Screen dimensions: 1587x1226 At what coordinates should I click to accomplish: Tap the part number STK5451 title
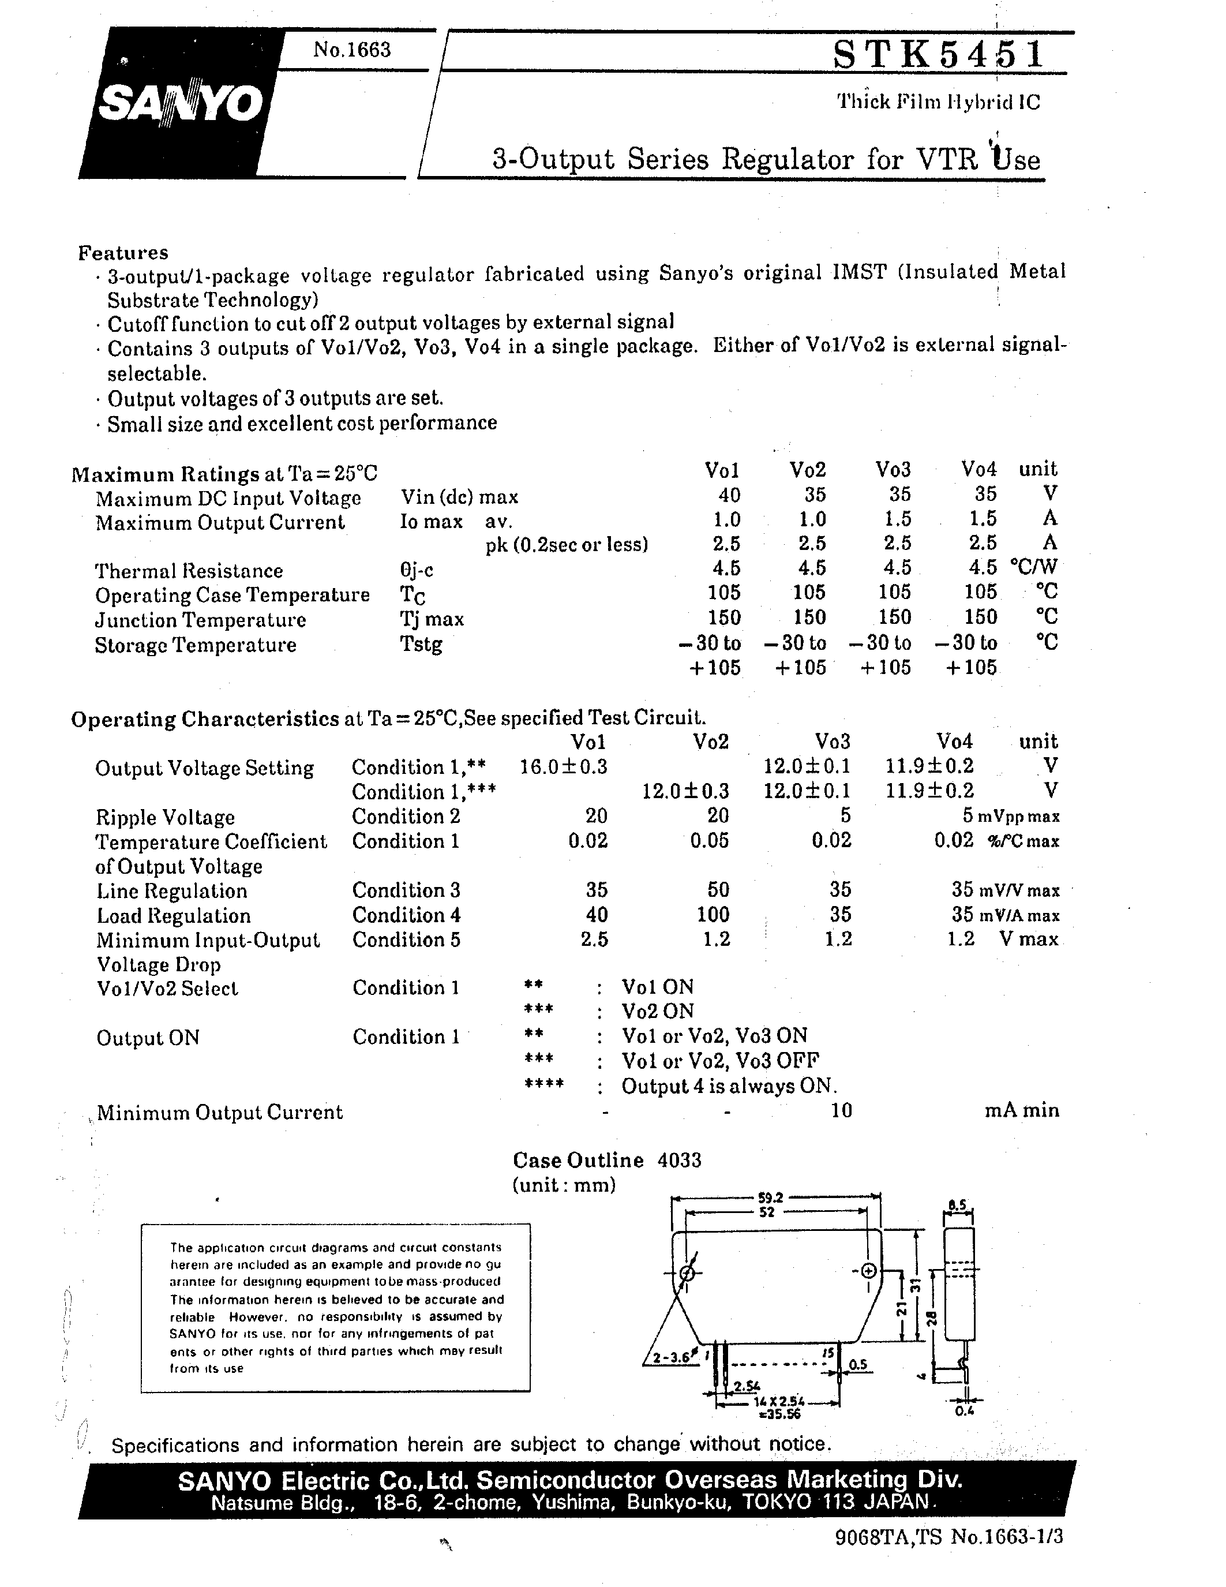[x=938, y=55]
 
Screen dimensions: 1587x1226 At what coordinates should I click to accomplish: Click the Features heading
[x=123, y=252]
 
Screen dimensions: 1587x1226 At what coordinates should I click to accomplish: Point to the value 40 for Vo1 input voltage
[x=729, y=495]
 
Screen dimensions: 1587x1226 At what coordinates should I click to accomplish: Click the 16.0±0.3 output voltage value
[x=564, y=766]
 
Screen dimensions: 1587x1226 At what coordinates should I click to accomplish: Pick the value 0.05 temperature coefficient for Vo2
[x=709, y=841]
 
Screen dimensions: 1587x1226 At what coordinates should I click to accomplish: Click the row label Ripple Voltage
[x=165, y=818]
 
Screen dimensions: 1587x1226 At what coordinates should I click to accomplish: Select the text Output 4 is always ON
[x=729, y=1086]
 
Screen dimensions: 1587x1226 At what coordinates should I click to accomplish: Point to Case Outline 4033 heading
[x=606, y=1160]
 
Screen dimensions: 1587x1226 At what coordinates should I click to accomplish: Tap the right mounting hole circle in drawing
[x=868, y=1271]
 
